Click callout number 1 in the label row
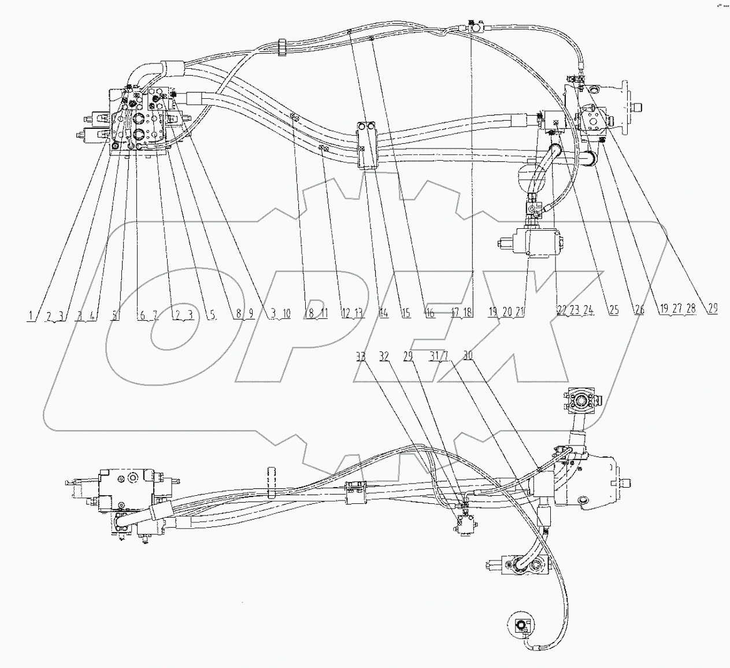point(29,315)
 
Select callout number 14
point(383,313)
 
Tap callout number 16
point(429,313)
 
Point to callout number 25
point(613,310)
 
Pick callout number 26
point(639,310)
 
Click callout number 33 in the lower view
point(361,357)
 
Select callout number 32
point(384,357)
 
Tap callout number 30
point(468,357)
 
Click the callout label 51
point(116,315)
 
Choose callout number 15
point(406,313)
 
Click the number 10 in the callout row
point(286,314)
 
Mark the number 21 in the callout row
point(520,312)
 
